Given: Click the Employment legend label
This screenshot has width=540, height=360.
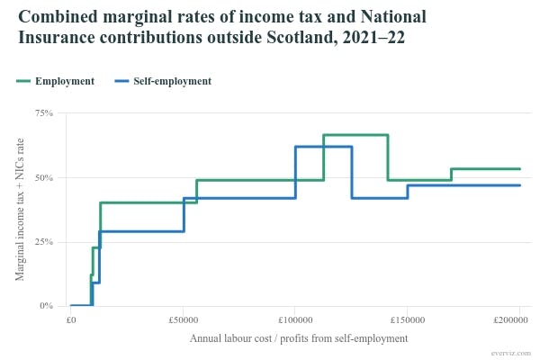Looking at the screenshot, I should [65, 81].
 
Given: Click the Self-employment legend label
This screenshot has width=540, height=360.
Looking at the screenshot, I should [178, 81].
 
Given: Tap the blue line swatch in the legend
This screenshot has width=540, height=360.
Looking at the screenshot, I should [128, 81].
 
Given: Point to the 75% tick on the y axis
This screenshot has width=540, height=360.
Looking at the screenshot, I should [44, 113].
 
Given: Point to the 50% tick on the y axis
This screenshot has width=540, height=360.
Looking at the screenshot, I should [44, 177].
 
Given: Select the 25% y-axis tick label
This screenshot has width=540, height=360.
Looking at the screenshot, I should [44, 242].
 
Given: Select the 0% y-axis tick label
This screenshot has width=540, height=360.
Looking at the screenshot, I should [47, 306].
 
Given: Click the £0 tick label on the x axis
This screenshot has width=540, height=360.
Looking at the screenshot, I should [70, 320].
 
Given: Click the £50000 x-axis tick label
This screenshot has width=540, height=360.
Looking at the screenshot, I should [183, 320].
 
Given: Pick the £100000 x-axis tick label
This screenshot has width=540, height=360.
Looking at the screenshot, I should [294, 320].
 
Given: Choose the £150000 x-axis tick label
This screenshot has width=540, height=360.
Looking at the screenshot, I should [407, 320].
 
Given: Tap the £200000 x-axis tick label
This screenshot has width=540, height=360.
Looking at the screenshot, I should [518, 320].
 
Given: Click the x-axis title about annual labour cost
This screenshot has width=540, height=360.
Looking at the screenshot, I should [299, 338].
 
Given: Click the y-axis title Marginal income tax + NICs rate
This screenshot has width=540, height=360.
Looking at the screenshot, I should [20, 210].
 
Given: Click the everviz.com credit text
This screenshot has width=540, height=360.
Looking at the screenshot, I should [509, 353].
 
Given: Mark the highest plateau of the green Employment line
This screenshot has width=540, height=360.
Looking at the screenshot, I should [355, 135].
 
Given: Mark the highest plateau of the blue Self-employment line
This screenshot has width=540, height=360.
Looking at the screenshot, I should [323, 147].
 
